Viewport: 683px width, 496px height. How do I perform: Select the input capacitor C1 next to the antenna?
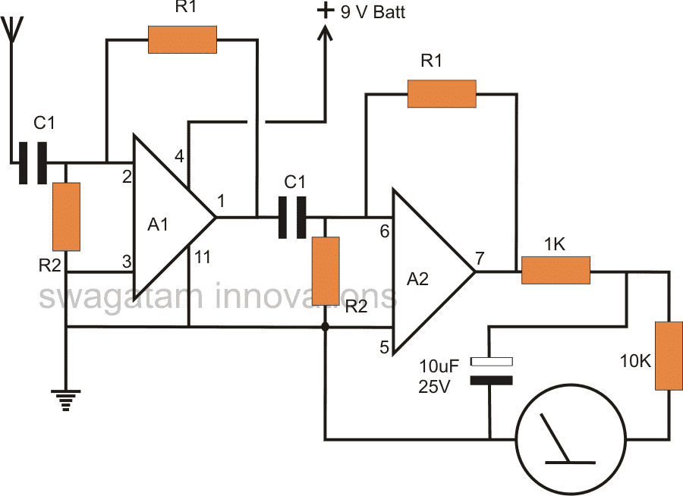(x=33, y=162)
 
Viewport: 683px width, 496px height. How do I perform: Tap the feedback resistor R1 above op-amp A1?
(x=182, y=40)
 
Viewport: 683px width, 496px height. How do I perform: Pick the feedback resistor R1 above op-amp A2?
(x=442, y=93)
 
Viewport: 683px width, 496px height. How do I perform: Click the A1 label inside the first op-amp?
(x=160, y=224)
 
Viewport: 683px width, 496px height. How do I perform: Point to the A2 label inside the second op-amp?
(x=417, y=278)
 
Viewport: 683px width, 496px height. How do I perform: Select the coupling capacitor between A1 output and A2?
(x=292, y=218)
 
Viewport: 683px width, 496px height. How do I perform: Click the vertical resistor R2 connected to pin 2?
(x=66, y=216)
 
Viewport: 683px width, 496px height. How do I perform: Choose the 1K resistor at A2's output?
(x=556, y=270)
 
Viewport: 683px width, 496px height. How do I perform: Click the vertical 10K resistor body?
(x=669, y=356)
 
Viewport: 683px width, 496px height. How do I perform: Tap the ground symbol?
(x=66, y=398)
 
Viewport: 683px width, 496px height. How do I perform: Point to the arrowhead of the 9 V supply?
(x=326, y=32)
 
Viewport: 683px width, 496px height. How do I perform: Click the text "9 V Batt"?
(x=372, y=11)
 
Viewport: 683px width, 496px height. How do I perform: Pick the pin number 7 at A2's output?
(x=480, y=258)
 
